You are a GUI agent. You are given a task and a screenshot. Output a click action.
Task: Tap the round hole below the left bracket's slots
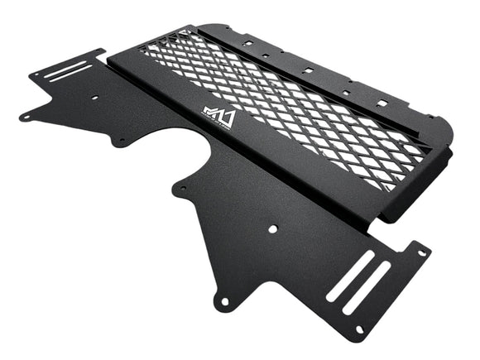click(x=94, y=98)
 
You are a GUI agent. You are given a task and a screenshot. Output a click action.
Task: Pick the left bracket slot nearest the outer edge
click(x=65, y=66)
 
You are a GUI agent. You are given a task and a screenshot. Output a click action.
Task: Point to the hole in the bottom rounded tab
click(x=223, y=301)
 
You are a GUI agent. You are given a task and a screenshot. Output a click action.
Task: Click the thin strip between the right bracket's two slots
click(x=358, y=282)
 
